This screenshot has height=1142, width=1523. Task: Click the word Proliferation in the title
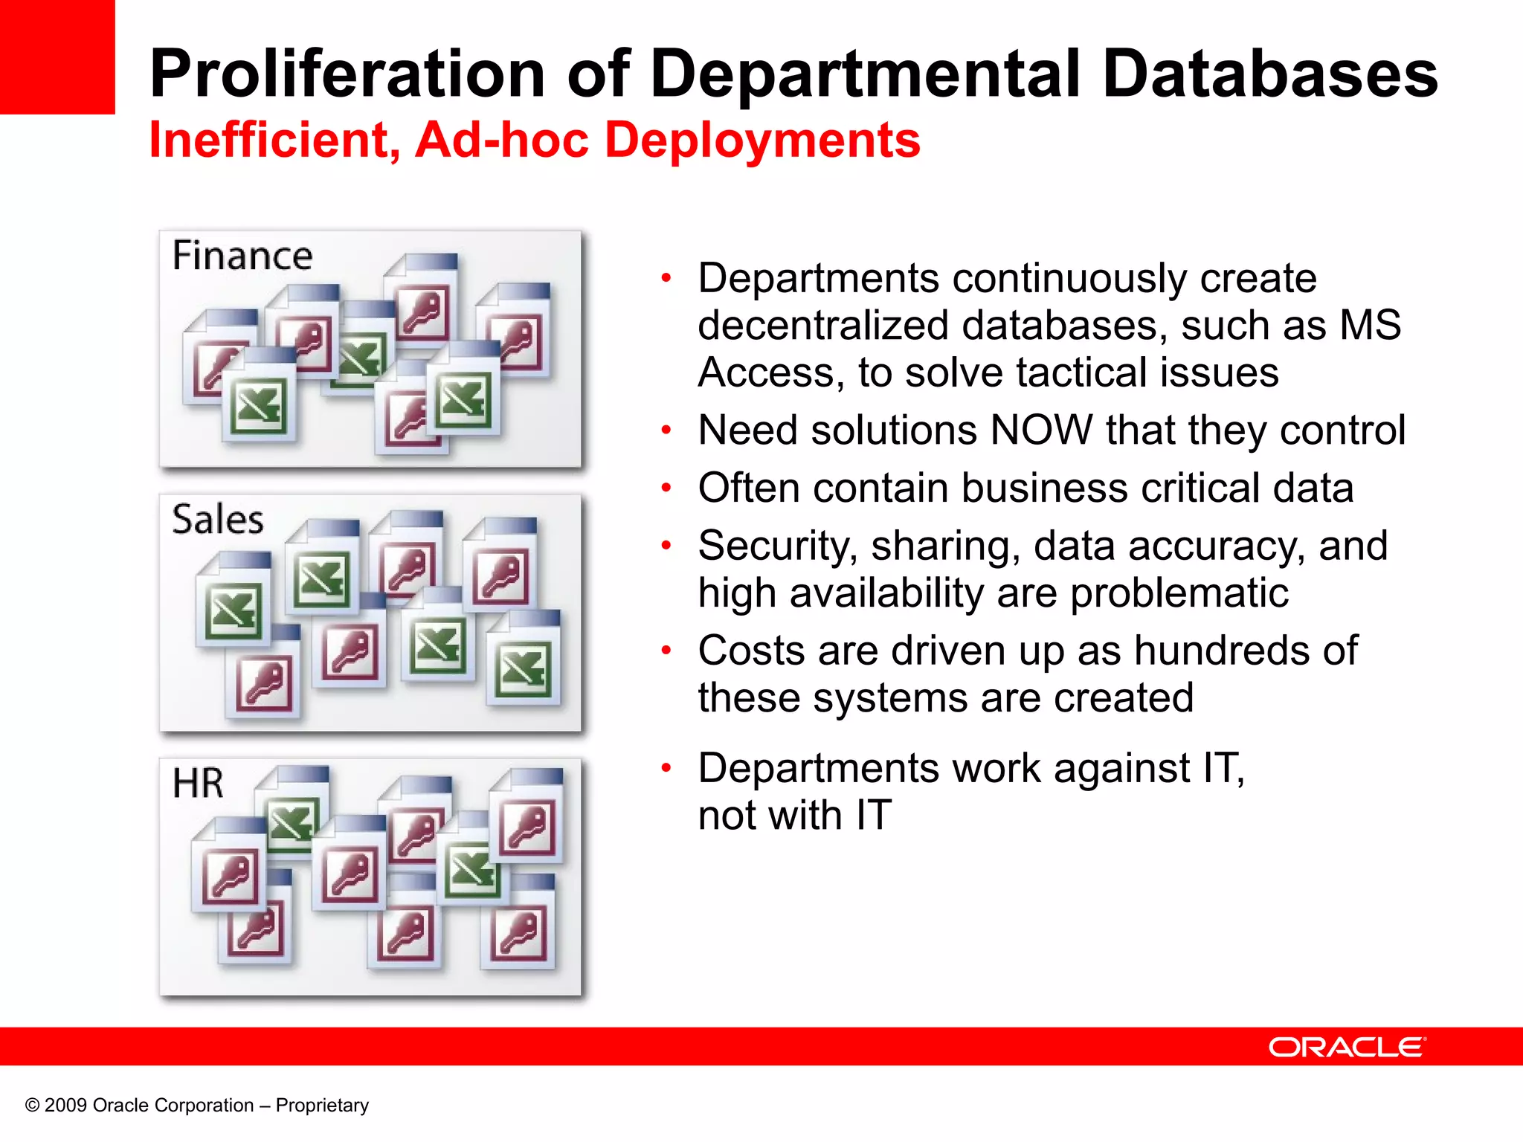[347, 74]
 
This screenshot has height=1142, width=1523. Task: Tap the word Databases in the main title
[1269, 74]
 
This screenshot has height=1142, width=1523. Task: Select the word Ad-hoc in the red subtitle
[502, 140]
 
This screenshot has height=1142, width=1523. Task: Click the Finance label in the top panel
[242, 256]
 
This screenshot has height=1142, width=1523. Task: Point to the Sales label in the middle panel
[218, 519]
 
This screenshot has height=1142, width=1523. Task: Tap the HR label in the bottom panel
[198, 784]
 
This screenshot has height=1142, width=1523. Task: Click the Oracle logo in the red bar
[1347, 1047]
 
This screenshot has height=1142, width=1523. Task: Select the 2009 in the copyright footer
[65, 1106]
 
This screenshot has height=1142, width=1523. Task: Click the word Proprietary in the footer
[322, 1106]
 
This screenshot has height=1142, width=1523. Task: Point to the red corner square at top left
[57, 57]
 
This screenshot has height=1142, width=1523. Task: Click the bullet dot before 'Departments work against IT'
[666, 768]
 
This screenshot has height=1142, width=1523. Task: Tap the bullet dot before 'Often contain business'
[666, 488]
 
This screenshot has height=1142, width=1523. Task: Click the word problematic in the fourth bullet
[1179, 593]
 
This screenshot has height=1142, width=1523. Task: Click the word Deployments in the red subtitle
[762, 140]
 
